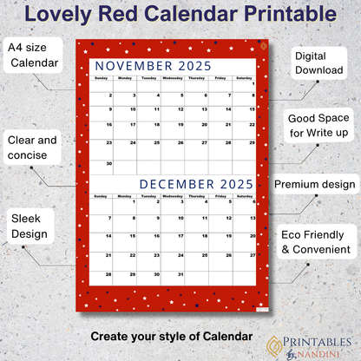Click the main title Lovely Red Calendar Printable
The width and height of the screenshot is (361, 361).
(x=180, y=15)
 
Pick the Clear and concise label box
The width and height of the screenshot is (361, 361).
(x=32, y=147)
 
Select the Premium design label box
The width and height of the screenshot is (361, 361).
(x=315, y=185)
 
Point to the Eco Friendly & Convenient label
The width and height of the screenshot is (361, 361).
(x=315, y=242)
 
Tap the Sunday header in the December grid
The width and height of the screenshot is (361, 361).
(x=102, y=197)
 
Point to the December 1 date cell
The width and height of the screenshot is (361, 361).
(x=127, y=210)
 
